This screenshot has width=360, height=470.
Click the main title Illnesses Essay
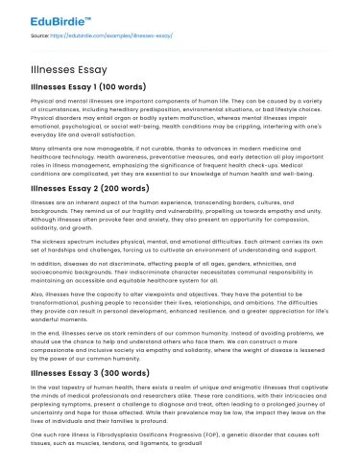(x=69, y=71)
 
